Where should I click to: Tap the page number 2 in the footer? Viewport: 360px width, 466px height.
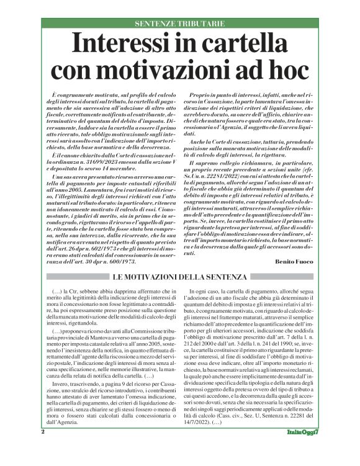pos(43,448)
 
